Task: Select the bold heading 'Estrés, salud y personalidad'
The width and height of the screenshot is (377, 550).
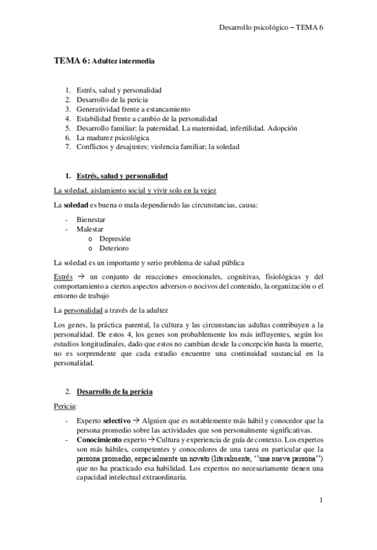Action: pos(122,176)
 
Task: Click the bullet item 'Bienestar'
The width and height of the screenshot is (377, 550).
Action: pos(92,220)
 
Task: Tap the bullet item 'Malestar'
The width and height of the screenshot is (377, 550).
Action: pos(90,229)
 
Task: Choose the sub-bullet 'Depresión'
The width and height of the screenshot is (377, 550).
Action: pos(115,239)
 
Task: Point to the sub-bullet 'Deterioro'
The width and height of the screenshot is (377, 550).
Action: pos(114,248)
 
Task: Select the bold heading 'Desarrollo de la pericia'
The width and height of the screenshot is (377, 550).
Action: pos(114,391)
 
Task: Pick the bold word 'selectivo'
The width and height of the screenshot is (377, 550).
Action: pos(120,420)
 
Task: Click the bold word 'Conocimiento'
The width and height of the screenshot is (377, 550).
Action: pos(98,439)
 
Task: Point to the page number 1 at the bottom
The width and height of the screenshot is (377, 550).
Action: pos(321,501)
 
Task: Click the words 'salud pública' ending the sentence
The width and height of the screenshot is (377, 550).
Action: pos(223,262)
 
